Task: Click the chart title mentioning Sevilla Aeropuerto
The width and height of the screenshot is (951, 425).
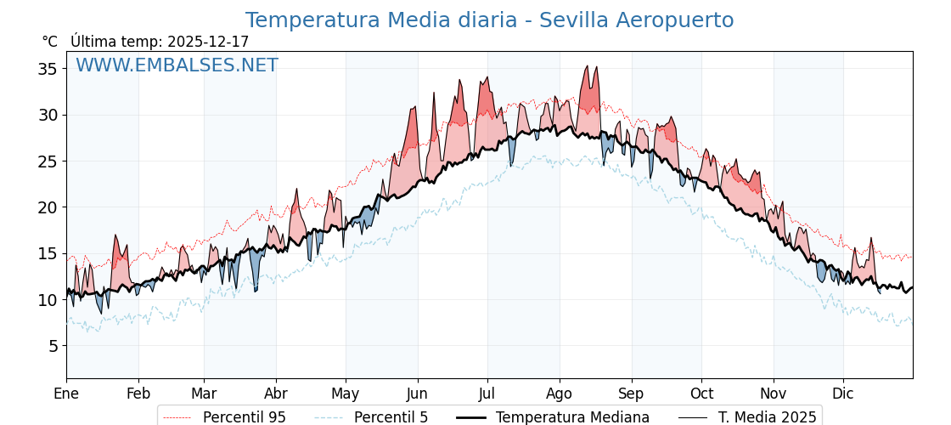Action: (489, 20)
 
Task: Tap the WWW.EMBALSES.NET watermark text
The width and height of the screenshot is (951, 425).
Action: (177, 65)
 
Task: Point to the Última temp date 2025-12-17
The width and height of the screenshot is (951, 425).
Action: (208, 42)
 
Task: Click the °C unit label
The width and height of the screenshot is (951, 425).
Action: (49, 42)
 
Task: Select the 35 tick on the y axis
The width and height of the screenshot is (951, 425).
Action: (47, 69)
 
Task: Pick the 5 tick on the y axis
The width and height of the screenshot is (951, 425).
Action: (52, 346)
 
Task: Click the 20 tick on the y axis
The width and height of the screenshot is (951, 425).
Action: (47, 207)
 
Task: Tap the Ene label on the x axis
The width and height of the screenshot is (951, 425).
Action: (66, 394)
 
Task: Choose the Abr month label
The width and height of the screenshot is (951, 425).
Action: (276, 394)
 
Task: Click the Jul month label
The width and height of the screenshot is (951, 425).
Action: (487, 394)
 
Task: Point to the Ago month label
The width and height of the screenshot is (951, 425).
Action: (560, 394)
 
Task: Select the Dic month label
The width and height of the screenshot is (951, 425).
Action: (843, 394)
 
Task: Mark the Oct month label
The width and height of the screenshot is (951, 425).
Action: (701, 394)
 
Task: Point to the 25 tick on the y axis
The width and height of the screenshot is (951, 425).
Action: (47, 161)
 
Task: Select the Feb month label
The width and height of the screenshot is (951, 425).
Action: (138, 394)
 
